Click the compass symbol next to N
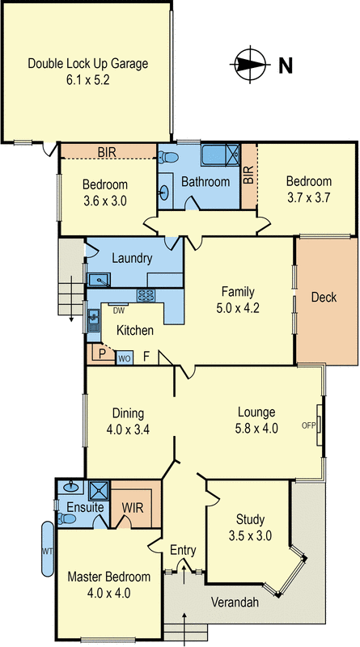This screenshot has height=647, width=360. [x=250, y=65]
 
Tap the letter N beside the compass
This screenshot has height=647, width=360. [x=286, y=66]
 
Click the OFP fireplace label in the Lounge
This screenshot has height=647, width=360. [x=308, y=427]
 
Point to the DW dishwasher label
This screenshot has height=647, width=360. [x=119, y=311]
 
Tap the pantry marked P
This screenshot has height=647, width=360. [x=101, y=354]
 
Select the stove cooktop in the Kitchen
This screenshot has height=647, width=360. [x=146, y=294]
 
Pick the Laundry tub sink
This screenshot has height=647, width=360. [x=98, y=280]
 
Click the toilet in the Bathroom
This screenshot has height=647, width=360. [x=168, y=157]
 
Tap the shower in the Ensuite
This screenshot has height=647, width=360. [x=99, y=491]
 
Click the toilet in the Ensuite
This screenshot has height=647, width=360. [x=66, y=518]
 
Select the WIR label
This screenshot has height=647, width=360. [x=132, y=508]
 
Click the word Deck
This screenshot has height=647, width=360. [x=324, y=297]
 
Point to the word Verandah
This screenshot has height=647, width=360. [x=235, y=603]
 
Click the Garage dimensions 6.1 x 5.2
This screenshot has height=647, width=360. [x=87, y=80]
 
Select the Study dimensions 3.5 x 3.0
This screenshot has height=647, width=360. [x=250, y=535]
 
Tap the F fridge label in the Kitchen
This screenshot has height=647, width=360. [x=146, y=357]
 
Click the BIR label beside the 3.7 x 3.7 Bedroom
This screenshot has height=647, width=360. [x=248, y=177]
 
